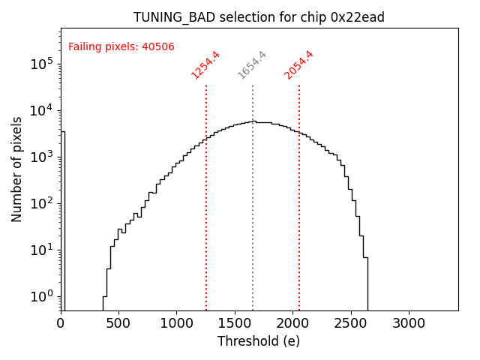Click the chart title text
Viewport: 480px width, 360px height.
pos(259,17)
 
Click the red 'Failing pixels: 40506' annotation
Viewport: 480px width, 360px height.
pos(121,46)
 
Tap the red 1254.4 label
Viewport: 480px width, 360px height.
pos(205,64)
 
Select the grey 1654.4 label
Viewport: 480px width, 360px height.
pos(252,64)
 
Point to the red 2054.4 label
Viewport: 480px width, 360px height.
pos(298,64)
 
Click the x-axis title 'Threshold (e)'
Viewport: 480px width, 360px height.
pos(259,341)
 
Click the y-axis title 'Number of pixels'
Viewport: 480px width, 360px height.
pos(17,169)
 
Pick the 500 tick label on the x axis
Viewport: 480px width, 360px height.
pos(118,324)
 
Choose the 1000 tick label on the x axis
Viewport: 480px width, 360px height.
pos(176,324)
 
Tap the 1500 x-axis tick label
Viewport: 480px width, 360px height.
pos(235,324)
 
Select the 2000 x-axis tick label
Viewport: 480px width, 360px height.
pos(292,324)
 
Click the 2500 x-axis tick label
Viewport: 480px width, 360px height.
pos(351,324)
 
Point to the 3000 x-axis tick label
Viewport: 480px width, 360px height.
pos(409,324)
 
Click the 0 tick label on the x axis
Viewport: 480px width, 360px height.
pos(61,324)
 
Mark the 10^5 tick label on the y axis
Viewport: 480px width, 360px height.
pos(42,64)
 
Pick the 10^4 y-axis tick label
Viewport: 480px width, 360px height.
pos(42,111)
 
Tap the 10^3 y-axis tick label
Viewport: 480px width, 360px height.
pos(42,157)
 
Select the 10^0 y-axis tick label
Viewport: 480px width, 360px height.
pos(42,297)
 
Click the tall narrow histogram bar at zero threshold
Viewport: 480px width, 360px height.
pos(63,225)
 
